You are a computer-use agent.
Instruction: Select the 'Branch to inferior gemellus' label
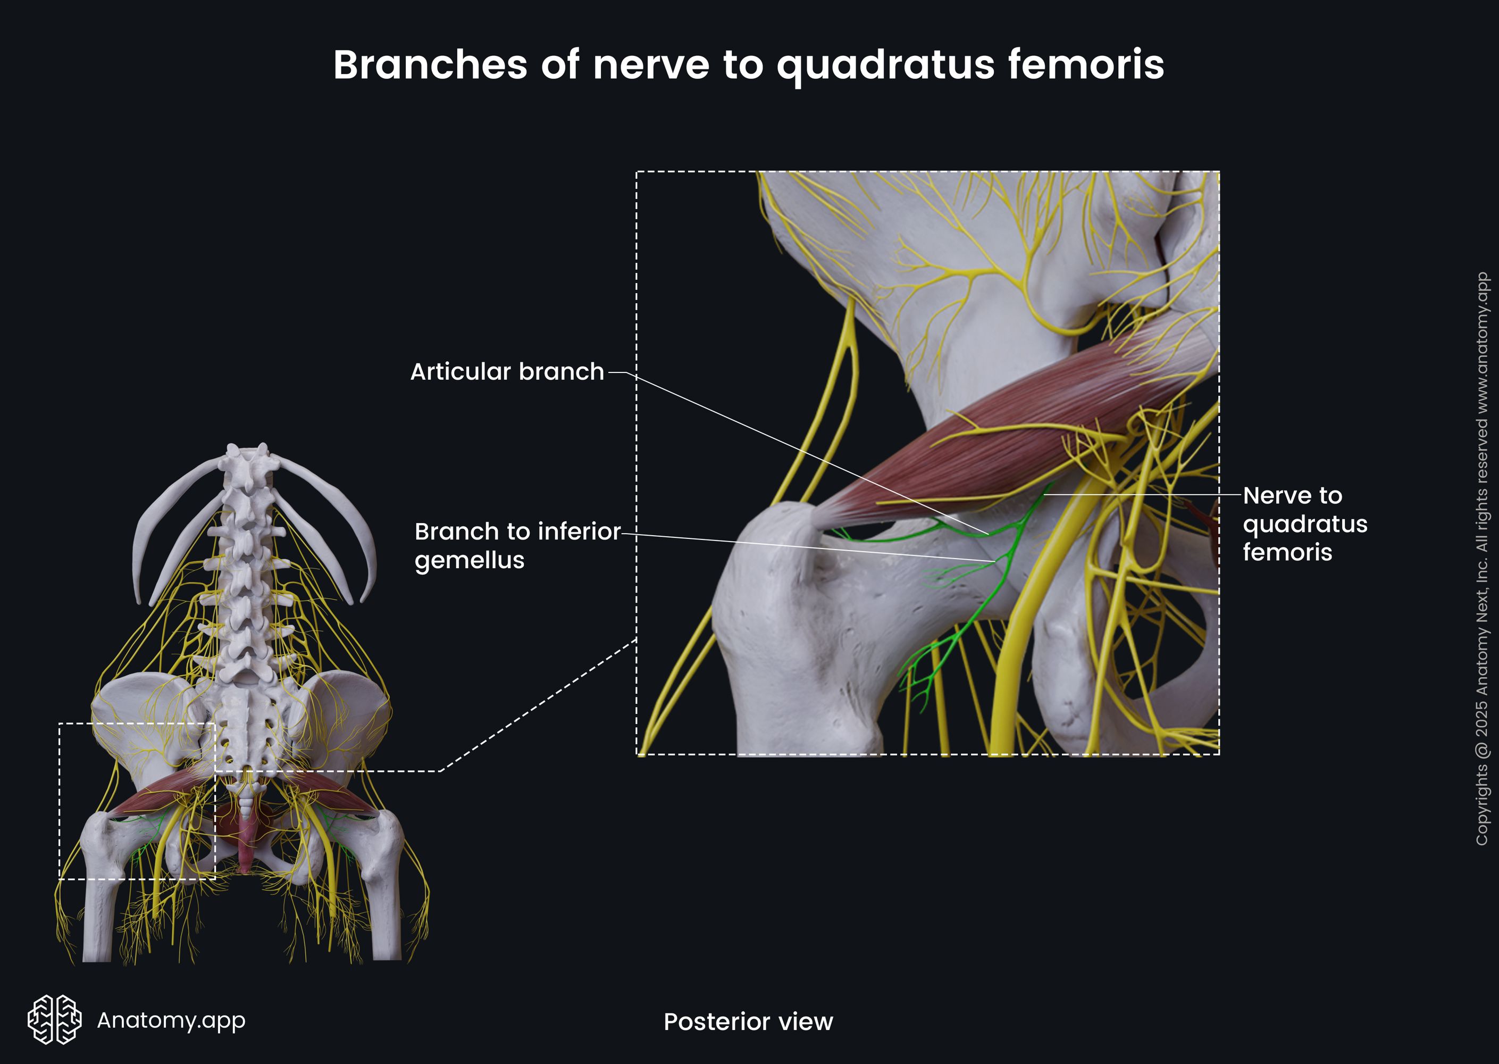point(517,546)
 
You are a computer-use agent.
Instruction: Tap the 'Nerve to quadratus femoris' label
point(1304,523)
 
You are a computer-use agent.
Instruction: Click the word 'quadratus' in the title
point(884,65)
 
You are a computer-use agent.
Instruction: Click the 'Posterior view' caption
point(748,1021)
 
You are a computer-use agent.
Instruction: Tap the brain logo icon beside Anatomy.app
point(54,1019)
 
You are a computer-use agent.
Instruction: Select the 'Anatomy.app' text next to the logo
point(171,1020)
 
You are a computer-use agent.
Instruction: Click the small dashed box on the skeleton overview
point(137,801)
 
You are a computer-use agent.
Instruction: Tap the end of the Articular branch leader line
point(987,535)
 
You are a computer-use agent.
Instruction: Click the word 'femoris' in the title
point(1085,65)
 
